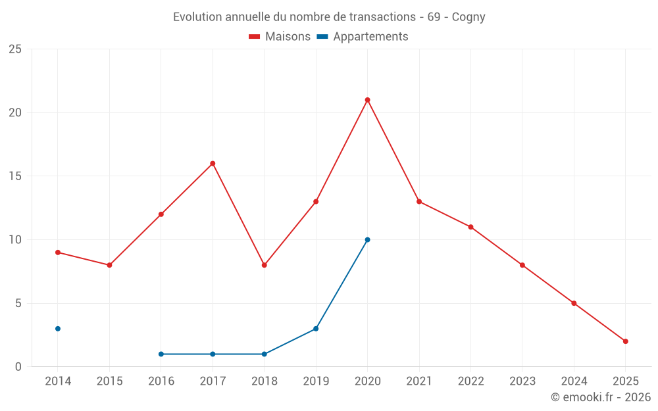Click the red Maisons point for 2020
[367, 100]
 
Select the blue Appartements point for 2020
[367, 239]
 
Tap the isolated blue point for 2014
[58, 329]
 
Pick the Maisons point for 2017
[213, 163]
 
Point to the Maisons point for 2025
[626, 341]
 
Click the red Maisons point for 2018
[264, 265]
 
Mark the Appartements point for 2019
[316, 329]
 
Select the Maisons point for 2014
[58, 253]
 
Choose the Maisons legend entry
[280, 37]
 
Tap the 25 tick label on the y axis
[15, 49]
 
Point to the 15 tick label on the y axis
[15, 176]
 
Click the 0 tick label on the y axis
[18, 367]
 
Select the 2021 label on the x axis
[419, 381]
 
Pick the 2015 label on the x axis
[109, 381]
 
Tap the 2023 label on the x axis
[522, 381]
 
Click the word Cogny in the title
[468, 17]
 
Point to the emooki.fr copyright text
[600, 397]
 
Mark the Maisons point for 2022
[470, 227]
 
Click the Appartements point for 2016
[161, 354]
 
